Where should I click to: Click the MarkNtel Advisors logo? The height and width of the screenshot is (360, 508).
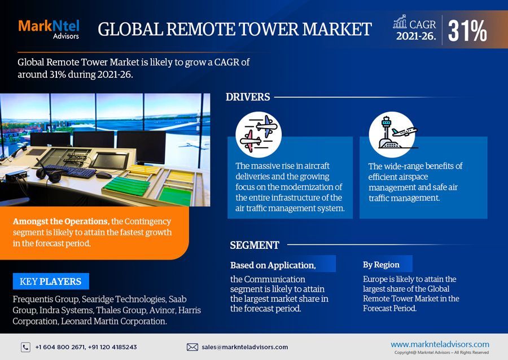coord(49,29)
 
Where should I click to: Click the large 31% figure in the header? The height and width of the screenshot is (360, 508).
coord(467,30)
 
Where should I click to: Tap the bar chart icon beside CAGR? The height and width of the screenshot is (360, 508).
coord(400,22)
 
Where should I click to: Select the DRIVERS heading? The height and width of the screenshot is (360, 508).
coord(248,97)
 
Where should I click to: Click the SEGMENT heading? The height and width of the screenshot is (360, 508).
coord(255,245)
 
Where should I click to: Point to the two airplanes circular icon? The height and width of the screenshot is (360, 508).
coord(258,134)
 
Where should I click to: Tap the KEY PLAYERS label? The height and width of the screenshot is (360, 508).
coord(50,281)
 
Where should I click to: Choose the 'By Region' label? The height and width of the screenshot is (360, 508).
coord(381,264)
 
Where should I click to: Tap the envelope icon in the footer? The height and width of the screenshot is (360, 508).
coord(192,347)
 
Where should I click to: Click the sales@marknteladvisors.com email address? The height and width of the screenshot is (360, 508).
coord(244,347)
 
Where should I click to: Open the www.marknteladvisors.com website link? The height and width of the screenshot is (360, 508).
coord(440,344)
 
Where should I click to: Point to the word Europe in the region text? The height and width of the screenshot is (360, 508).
coord(375,279)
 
